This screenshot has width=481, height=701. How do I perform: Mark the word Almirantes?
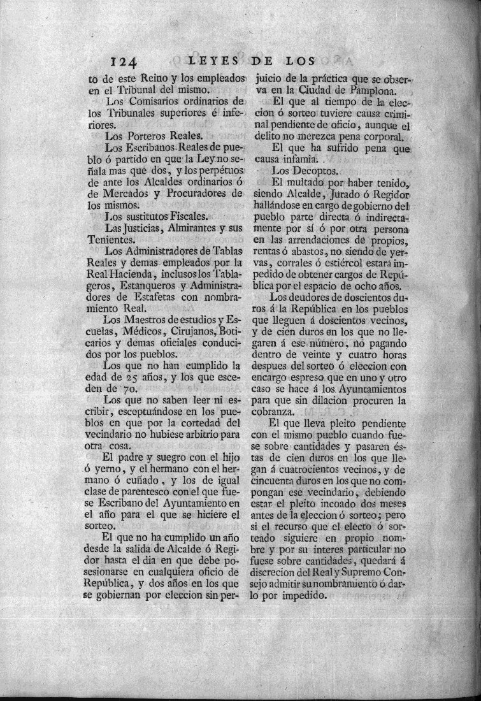179,228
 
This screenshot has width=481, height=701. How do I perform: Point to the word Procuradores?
198,194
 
